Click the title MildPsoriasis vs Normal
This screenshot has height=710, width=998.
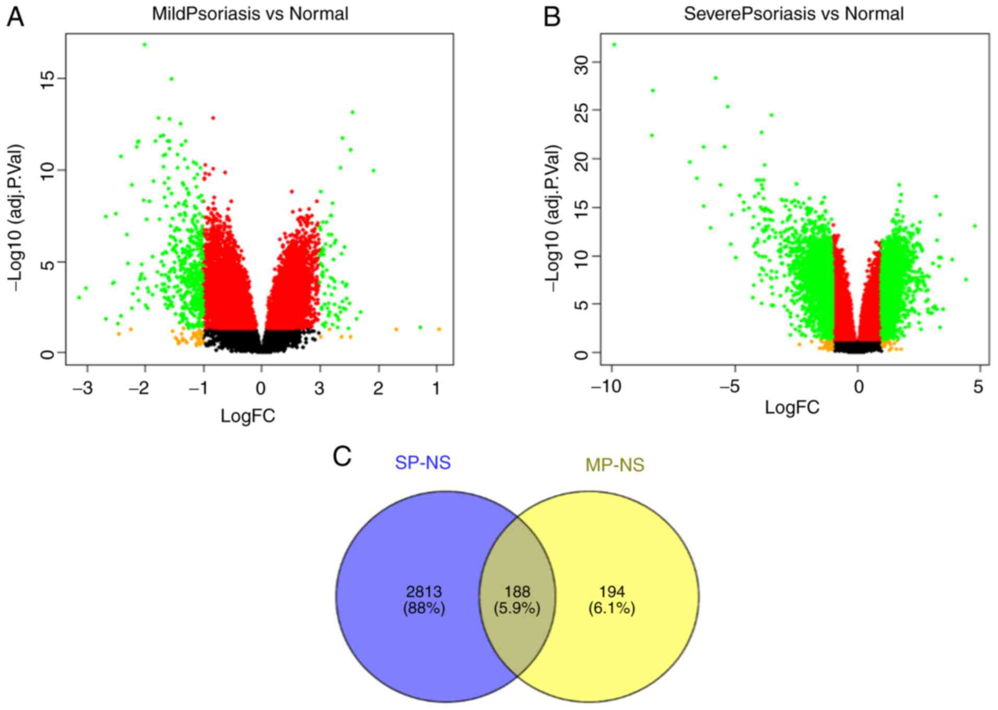(250, 14)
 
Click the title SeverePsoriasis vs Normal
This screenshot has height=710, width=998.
(793, 14)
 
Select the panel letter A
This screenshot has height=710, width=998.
(15, 17)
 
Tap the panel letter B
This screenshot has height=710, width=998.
(552, 17)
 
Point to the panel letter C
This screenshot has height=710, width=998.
(342, 457)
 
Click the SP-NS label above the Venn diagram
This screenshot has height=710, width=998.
(423, 463)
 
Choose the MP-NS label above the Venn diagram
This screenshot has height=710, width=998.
(615, 465)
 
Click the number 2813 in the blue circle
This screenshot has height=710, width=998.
(424, 592)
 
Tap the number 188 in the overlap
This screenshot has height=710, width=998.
(517, 592)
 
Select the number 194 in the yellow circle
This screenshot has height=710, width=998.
(611, 592)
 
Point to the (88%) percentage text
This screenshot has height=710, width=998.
(424, 609)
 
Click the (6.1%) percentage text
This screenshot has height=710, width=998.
(611, 609)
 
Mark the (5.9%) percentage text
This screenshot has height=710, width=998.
(517, 609)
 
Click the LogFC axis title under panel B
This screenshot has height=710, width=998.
(792, 407)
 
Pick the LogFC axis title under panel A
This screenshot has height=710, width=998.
(248, 416)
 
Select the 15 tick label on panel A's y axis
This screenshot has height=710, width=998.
(48, 78)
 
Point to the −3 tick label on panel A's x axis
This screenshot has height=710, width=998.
(83, 388)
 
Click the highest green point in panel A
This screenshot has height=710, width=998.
(145, 45)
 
